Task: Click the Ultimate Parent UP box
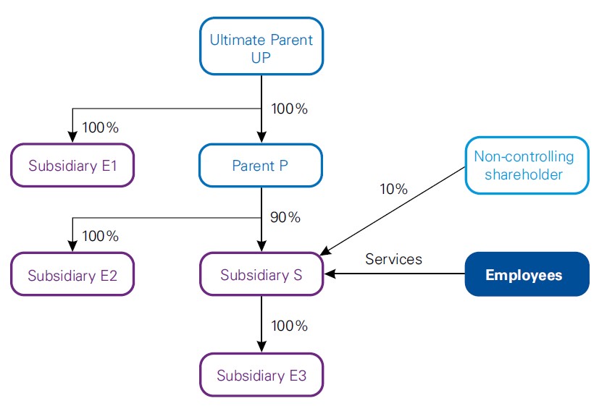261,47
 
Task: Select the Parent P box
261,166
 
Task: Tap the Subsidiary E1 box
72,166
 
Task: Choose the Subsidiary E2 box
72,275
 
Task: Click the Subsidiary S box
261,275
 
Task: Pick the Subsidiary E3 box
261,376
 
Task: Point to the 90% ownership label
285,217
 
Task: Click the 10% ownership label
393,190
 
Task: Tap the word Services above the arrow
393,258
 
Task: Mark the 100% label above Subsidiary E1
101,127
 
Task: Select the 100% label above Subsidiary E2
101,236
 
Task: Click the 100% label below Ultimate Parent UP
289,109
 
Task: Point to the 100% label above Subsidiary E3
289,326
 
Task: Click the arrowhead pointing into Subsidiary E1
72,138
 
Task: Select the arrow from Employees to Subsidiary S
395,274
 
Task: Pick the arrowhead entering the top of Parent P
261,138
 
